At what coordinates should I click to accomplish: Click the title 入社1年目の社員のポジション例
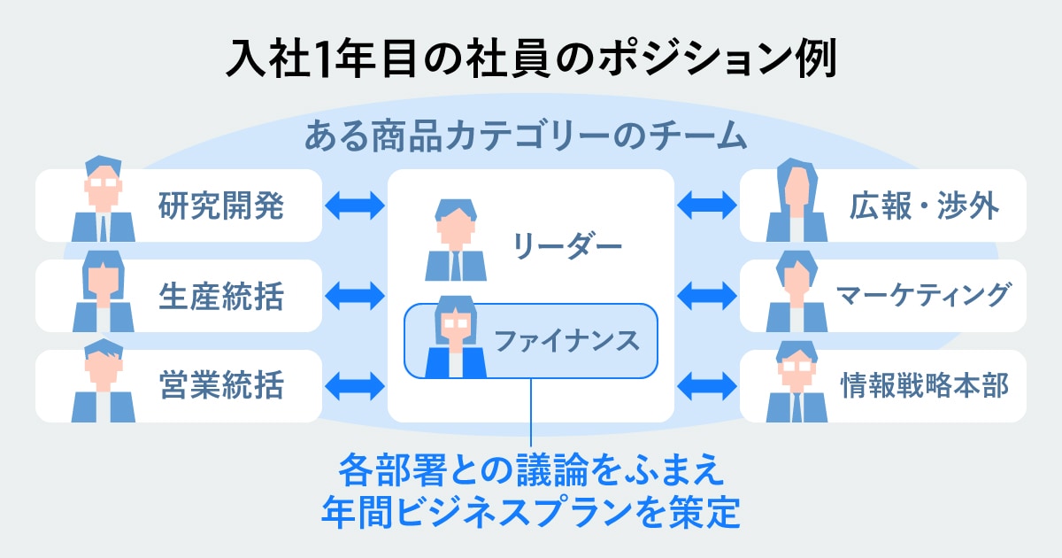click(531, 60)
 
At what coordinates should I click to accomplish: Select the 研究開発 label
click(221, 206)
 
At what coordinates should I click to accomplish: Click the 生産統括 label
click(221, 296)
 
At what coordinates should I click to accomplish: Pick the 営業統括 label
click(221, 386)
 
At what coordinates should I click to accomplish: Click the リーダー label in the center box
click(567, 245)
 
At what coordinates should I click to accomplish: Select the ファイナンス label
click(566, 340)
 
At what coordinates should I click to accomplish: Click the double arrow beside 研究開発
click(356, 206)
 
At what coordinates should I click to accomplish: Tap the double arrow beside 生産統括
click(356, 296)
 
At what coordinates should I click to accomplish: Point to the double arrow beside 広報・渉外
click(707, 206)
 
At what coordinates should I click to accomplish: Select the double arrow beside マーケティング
click(707, 296)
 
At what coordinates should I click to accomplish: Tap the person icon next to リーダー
click(456, 240)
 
